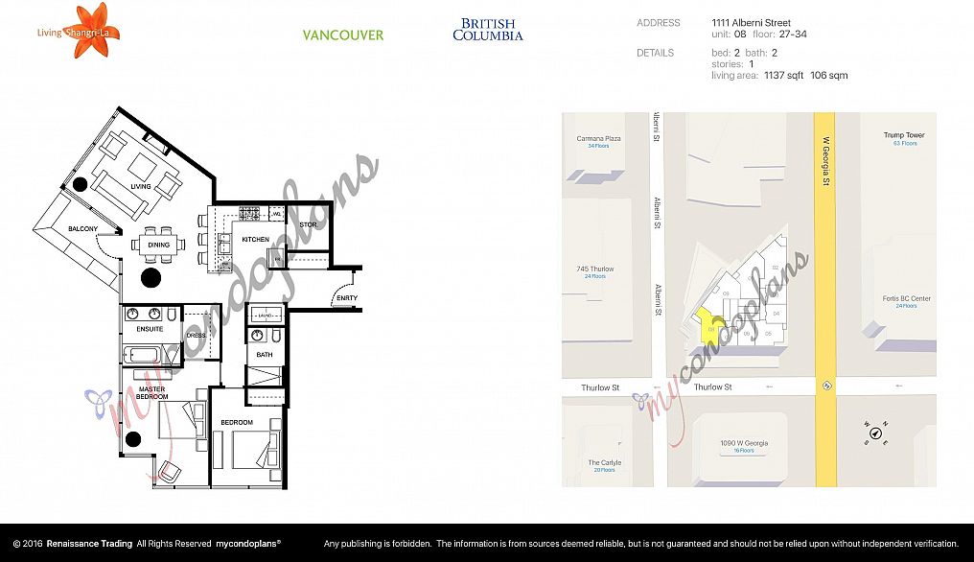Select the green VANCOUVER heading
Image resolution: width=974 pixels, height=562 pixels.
point(343,35)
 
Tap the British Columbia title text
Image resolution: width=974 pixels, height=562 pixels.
point(488,30)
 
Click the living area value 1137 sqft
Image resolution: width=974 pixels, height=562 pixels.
point(783,75)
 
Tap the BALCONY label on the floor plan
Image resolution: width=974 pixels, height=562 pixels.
point(82,228)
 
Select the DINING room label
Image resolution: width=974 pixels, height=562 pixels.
point(158,246)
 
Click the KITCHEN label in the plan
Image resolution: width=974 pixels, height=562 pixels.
point(255,239)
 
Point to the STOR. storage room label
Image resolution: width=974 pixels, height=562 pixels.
point(308,225)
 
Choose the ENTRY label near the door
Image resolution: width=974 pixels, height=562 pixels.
point(346,298)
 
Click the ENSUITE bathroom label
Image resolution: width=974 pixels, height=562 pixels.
point(150,329)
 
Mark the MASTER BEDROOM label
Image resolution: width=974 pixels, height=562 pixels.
point(151,392)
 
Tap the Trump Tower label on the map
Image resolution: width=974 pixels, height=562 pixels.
point(903,135)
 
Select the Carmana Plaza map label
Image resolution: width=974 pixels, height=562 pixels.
point(598,138)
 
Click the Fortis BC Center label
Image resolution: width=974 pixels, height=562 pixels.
point(906,298)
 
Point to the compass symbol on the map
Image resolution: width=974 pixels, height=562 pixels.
point(875,433)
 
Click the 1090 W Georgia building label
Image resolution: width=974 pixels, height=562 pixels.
point(744,443)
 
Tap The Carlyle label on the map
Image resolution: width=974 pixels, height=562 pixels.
point(604,462)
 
